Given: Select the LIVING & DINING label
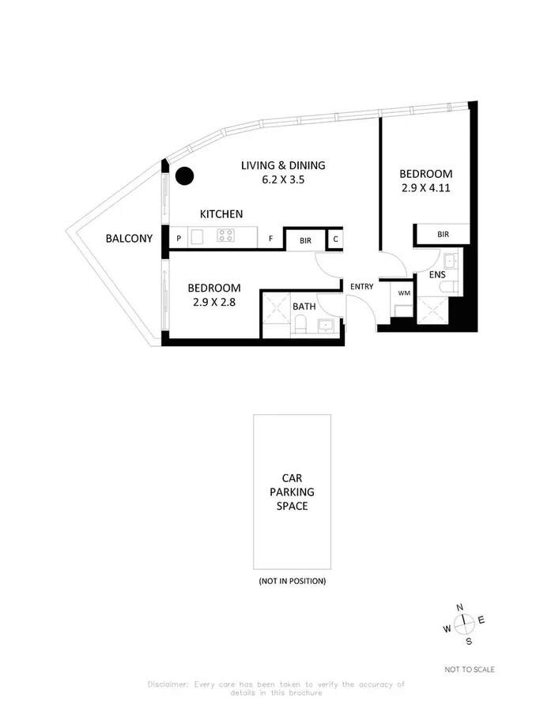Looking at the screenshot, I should (283, 165).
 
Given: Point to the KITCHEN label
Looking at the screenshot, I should (221, 214).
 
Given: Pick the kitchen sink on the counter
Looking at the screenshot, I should (198, 236).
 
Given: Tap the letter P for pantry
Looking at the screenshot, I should (179, 237).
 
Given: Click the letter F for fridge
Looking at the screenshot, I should (270, 237).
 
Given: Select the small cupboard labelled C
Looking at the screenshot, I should (335, 238).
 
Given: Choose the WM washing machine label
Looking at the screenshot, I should (404, 293).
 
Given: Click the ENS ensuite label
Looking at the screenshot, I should (437, 274).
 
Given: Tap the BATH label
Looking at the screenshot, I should (304, 306).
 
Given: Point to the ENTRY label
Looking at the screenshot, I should (361, 286).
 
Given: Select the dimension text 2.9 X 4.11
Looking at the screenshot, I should (425, 189).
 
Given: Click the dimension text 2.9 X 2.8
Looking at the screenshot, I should (214, 301).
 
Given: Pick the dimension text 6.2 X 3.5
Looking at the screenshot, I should (282, 179).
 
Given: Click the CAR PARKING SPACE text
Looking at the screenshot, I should (292, 492).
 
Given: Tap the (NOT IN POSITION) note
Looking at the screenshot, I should (292, 581).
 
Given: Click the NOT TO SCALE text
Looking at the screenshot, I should (470, 669).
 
